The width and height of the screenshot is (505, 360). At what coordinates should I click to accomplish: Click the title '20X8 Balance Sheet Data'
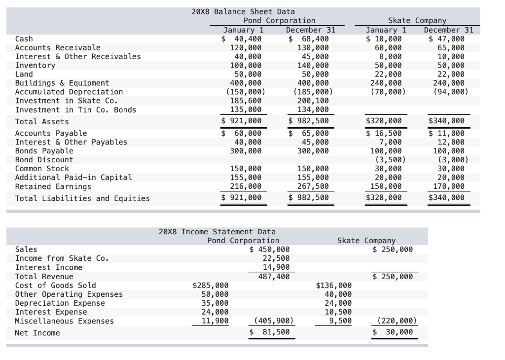pyautogui.click(x=243, y=11)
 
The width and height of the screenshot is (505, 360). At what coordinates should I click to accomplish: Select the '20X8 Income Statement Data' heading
pyautogui.click(x=217, y=231)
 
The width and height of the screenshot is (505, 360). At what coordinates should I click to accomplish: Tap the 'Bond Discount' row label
pyautogui.click(x=44, y=160)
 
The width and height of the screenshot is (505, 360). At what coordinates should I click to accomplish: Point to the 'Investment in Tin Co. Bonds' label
pyautogui.click(x=75, y=109)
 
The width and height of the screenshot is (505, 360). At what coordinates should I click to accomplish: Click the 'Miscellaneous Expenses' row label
pyautogui.click(x=64, y=321)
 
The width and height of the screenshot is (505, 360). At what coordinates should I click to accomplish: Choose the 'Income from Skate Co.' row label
pyautogui.click(x=62, y=258)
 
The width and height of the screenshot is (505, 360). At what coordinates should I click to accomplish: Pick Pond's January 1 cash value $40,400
pyautogui.click(x=242, y=38)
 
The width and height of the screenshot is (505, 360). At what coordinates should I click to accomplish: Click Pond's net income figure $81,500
pyautogui.click(x=270, y=332)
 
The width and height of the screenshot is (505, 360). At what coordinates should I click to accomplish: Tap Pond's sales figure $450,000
pyautogui.click(x=270, y=250)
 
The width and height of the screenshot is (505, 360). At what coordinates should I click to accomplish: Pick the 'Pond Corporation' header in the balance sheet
pyautogui.click(x=279, y=20)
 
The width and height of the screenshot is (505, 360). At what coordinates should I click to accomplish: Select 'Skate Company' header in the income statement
pyautogui.click(x=366, y=240)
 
